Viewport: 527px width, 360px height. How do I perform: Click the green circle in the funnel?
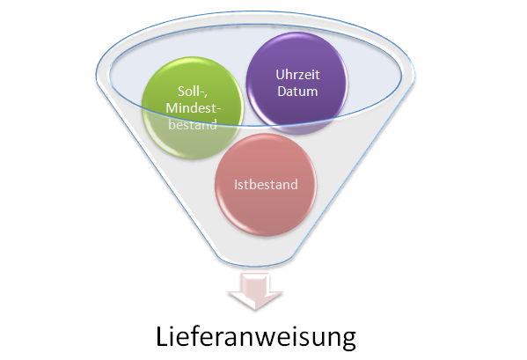(x=193, y=108)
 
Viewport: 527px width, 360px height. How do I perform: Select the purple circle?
(x=297, y=83)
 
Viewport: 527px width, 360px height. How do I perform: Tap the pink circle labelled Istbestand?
(x=266, y=185)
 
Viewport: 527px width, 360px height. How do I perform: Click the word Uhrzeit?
(x=297, y=75)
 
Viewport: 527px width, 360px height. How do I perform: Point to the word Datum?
(x=297, y=91)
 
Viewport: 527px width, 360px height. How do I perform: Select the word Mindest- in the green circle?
(x=194, y=108)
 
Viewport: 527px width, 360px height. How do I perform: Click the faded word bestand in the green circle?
(x=193, y=125)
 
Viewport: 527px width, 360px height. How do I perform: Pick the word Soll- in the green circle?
(x=193, y=92)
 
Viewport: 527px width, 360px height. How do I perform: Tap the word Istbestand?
(x=266, y=185)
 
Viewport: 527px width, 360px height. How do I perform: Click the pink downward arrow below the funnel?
(x=255, y=291)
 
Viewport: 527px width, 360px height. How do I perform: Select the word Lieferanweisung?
(x=256, y=337)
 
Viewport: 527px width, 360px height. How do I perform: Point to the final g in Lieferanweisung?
(x=348, y=340)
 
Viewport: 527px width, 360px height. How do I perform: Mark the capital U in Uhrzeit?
(x=280, y=75)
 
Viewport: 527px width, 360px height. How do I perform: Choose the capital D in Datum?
(x=282, y=91)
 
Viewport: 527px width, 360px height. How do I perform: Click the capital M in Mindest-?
(x=172, y=108)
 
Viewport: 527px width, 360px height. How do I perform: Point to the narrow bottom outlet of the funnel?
(x=255, y=261)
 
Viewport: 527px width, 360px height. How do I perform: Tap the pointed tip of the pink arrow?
(x=255, y=309)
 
